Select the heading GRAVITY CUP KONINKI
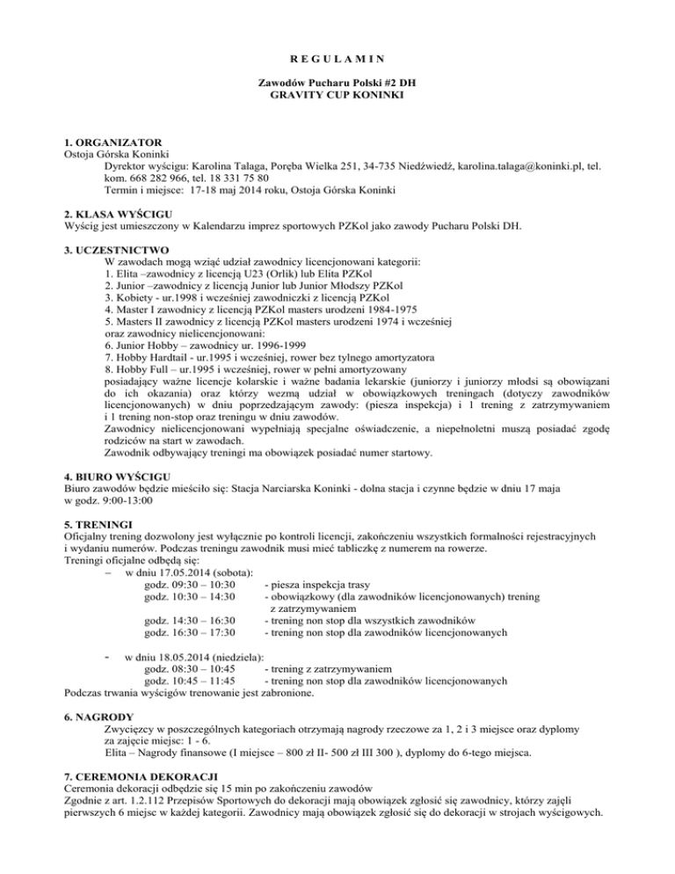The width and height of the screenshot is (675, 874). [x=337, y=92]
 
